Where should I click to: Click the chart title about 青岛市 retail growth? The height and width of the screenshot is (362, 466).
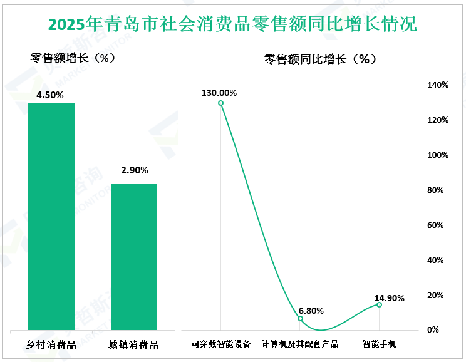click(x=232, y=24)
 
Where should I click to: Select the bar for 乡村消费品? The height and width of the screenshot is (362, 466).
click(x=51, y=216)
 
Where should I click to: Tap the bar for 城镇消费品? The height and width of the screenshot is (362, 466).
click(x=133, y=257)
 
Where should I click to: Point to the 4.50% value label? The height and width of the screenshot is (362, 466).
click(x=51, y=95)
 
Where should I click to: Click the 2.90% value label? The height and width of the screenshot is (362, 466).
click(x=133, y=170)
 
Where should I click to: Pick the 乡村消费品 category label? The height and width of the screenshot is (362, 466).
click(x=51, y=344)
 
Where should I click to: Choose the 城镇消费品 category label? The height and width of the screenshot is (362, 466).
click(x=133, y=344)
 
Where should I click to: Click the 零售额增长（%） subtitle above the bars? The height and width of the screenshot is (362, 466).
click(x=72, y=58)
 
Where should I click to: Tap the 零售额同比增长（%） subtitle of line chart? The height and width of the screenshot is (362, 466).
click(x=319, y=59)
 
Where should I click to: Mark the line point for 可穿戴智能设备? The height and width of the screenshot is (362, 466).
click(x=220, y=103)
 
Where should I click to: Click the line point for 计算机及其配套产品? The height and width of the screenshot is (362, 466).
click(x=300, y=319)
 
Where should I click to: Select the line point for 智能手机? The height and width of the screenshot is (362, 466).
click(x=379, y=304)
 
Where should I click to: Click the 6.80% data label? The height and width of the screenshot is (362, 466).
click(x=311, y=311)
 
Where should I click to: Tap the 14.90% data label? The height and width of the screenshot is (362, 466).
click(x=388, y=298)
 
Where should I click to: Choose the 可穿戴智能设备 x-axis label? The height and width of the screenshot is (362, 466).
click(x=220, y=344)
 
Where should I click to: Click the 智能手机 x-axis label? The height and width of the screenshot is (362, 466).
click(x=379, y=344)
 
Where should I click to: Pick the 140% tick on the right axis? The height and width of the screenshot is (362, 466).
click(x=436, y=85)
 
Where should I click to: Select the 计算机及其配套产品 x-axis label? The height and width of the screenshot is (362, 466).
click(x=300, y=344)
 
